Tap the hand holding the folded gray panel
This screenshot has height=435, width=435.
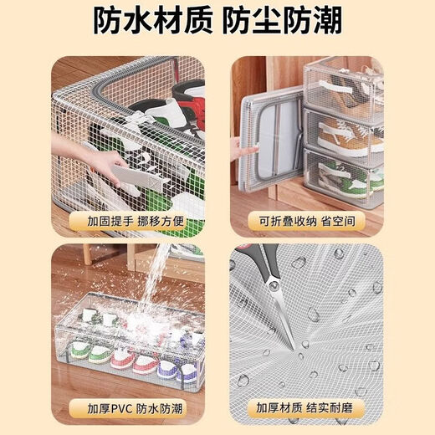(x=243, y=151)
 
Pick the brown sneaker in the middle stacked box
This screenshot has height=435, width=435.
(x=351, y=134)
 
